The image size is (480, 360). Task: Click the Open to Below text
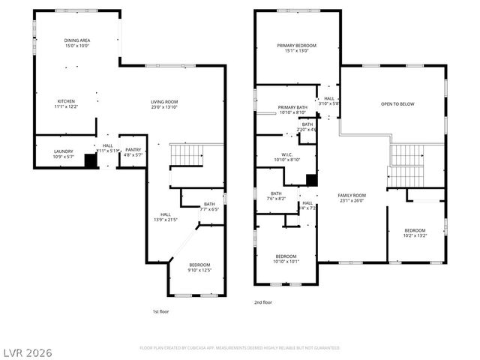tap(397, 104)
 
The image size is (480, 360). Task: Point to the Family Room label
tap(352, 197)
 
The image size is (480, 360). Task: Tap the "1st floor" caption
tap(160, 310)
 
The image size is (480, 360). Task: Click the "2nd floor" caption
tap(262, 302)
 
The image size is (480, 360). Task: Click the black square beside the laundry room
tap(91, 160)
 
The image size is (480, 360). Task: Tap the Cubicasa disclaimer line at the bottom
tap(240, 348)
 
